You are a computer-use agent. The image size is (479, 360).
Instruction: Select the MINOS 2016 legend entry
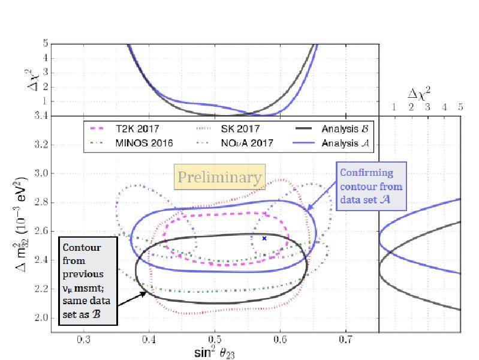pyautogui.click(x=129, y=143)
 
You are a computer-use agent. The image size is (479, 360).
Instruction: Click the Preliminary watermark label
pyautogui.click(x=219, y=178)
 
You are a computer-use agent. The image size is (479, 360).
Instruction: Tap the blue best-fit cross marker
pyautogui.click(x=264, y=238)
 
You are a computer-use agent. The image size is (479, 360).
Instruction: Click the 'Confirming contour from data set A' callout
pyautogui.click(x=372, y=185)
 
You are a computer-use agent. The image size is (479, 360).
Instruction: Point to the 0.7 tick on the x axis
pyautogui.click(x=345, y=339)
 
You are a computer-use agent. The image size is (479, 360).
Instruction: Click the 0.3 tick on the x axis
pyautogui.click(x=84, y=339)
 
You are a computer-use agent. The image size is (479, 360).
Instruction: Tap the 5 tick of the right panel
pyautogui.click(x=460, y=107)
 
